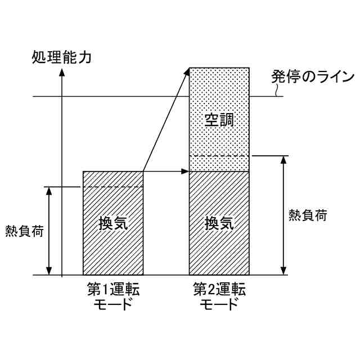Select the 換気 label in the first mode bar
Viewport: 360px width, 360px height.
113,222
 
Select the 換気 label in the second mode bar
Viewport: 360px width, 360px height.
219,223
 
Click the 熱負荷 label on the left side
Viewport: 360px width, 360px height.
24,231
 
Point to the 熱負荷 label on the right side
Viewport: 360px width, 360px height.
307,215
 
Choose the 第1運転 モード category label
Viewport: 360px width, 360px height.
113,297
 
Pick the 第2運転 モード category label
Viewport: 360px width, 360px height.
219,297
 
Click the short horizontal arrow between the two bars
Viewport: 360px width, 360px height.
166,171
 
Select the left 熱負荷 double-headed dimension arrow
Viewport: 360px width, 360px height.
49,231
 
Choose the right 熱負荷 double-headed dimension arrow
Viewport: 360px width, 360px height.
283,215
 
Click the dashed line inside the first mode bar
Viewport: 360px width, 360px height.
113,187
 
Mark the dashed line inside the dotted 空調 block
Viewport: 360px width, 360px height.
219,156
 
